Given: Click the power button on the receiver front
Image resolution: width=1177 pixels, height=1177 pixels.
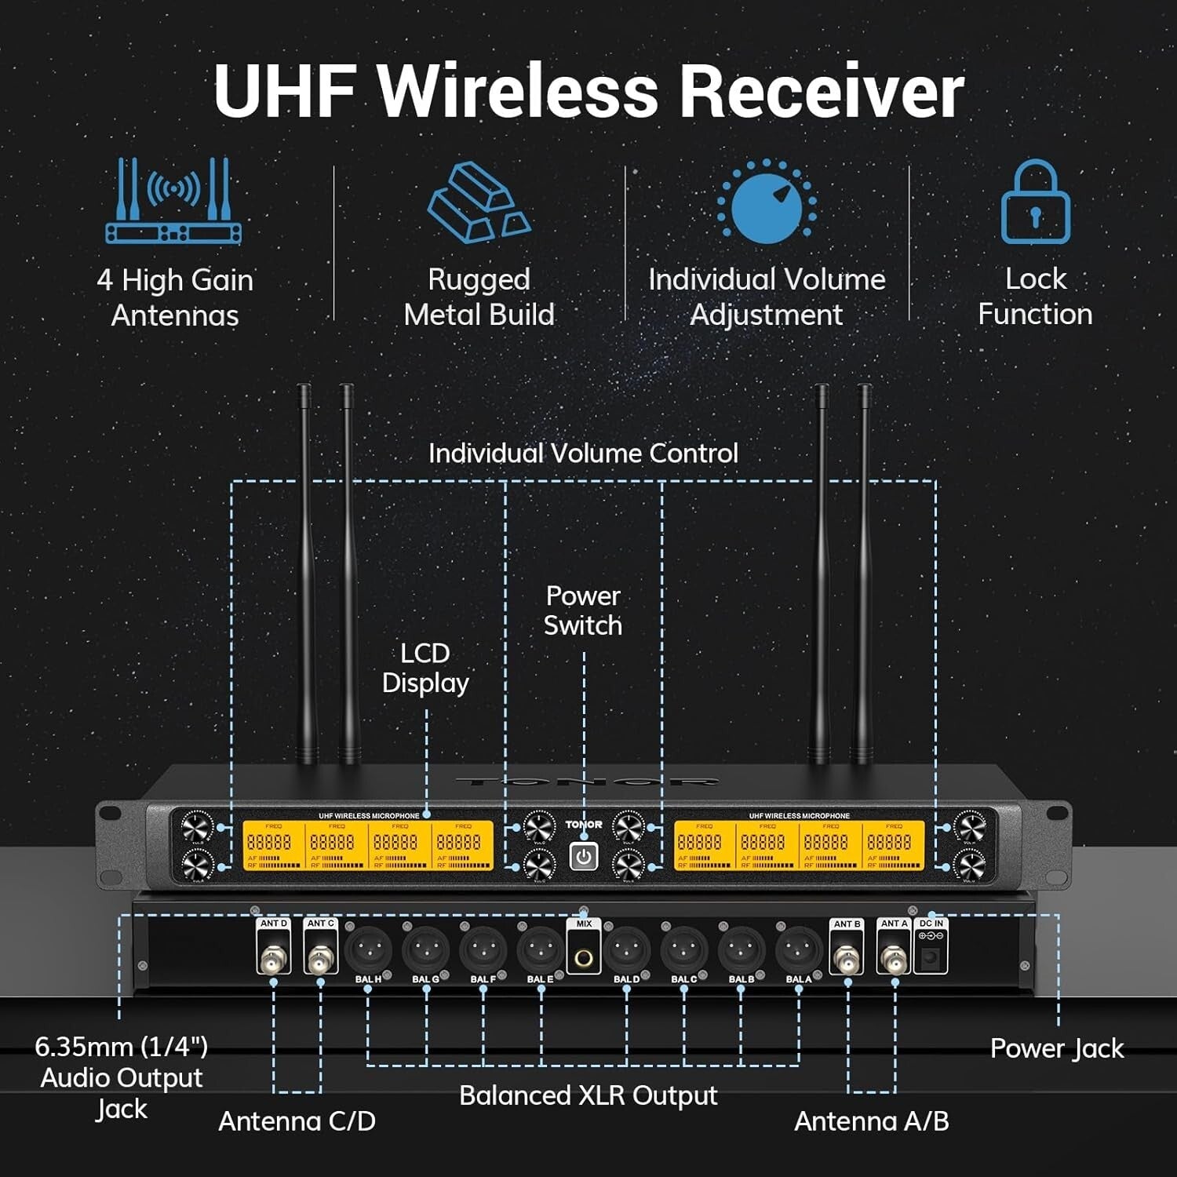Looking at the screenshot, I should coord(583,857).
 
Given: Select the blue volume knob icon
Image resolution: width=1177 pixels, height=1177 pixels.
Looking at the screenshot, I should coord(767,202).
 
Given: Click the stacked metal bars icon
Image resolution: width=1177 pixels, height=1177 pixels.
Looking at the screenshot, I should coord(479,202).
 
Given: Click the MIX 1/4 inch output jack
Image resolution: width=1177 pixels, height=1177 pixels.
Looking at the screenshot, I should coord(584,957).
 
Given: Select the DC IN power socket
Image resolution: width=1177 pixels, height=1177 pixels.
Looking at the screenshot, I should coord(931,957).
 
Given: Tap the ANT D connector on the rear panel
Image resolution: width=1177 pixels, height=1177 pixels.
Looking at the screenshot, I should coord(274,958).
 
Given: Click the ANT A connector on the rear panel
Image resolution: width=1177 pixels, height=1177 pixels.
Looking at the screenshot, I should coord(894,958).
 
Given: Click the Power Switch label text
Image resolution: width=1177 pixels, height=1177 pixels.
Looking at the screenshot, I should coord(583,610).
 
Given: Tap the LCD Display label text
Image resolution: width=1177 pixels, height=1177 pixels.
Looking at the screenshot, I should coord(425,668).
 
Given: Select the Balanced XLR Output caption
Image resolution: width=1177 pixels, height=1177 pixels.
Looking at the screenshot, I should coord(588,1095).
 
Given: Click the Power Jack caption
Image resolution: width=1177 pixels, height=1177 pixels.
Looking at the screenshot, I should coord(1056,1048).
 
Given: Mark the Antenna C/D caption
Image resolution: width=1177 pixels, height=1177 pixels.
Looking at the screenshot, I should coord(297,1121).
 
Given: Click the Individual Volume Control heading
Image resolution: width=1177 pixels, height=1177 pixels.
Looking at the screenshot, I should coord(583,453).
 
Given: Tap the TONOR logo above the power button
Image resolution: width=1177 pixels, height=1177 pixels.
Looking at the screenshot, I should coord(584,825).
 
